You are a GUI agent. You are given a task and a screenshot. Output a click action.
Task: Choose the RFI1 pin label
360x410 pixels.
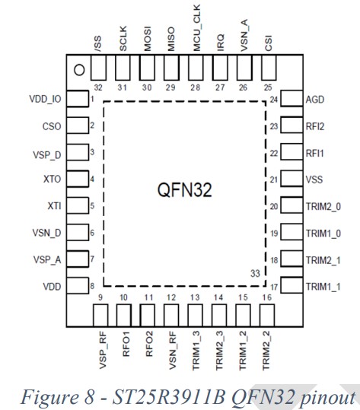click(x=315, y=153)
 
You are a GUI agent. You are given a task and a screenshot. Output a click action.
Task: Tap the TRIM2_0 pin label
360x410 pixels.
click(x=324, y=206)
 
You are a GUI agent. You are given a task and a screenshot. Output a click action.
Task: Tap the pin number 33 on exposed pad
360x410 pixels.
click(x=256, y=272)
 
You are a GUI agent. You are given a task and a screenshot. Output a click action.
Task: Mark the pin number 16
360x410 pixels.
click(x=266, y=297)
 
